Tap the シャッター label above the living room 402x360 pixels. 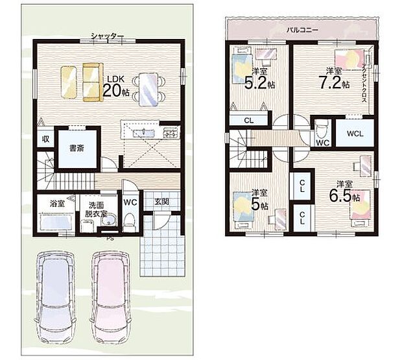click(x=107, y=36)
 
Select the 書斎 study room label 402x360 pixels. click(x=76, y=148)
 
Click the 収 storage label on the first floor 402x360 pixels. click(x=45, y=139)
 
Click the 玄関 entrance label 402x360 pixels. click(x=162, y=202)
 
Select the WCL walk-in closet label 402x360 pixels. click(x=354, y=134)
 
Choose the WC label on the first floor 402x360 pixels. click(x=130, y=202)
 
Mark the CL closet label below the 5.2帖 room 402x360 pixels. click(x=248, y=120)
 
